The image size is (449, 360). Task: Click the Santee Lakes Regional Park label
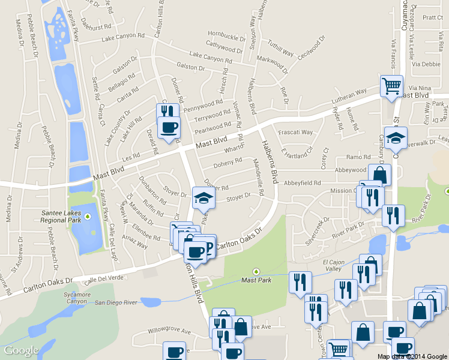click(61, 215)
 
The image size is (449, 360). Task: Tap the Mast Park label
click(256, 280)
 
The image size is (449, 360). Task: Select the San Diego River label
click(117, 302)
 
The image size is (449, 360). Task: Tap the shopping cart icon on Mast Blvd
click(391, 85)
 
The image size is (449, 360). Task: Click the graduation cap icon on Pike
click(203, 197)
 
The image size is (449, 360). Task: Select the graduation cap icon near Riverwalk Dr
click(396, 137)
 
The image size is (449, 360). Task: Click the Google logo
click(22, 350)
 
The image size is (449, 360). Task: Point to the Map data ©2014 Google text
click(412, 356)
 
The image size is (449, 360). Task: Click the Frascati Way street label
click(298, 132)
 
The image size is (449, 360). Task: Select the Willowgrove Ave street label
click(170, 331)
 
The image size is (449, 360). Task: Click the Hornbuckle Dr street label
click(227, 35)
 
